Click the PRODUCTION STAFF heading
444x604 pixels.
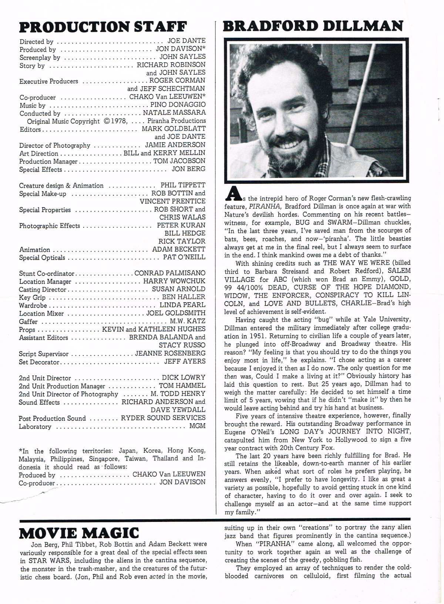pos(103,27)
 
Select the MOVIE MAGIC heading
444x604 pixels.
pos(79,533)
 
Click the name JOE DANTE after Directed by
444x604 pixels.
pos(186,41)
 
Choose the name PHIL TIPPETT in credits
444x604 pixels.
pos(183,185)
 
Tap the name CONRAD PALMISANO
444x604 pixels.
pos(170,273)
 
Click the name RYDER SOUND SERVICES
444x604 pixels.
pos(163,418)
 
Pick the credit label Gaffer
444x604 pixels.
pos(28,322)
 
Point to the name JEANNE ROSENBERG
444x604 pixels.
pos(170,354)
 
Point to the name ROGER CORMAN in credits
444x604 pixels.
pos(177,81)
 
